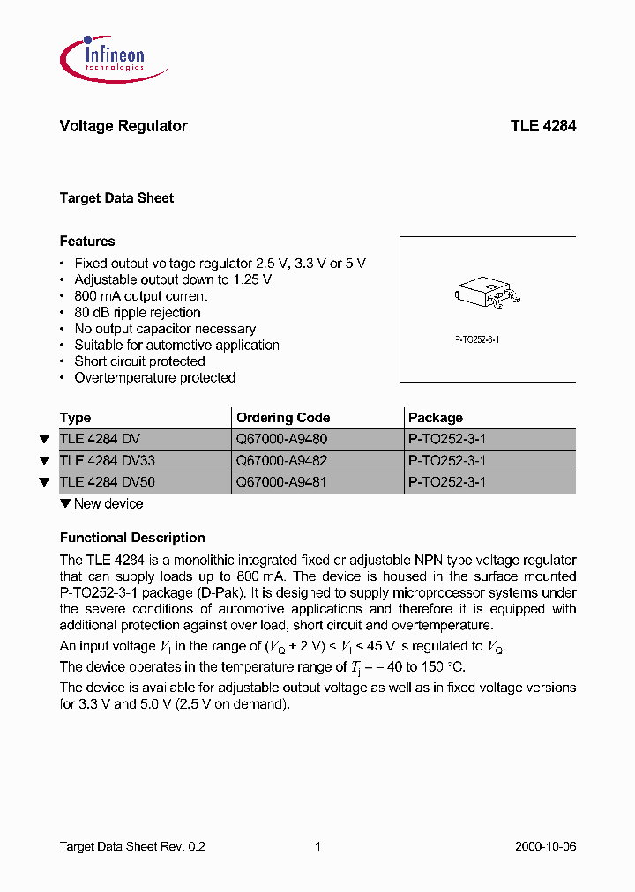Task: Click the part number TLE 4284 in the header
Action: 542,126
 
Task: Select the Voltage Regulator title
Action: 123,126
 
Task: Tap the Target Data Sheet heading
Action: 116,198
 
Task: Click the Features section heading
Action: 87,242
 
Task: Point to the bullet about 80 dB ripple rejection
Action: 138,313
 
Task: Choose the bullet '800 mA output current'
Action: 141,296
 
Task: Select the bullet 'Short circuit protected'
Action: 139,361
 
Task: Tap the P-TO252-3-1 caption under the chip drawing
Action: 477,339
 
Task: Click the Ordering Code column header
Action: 283,418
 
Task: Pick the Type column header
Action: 76,418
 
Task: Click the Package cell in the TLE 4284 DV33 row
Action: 447,461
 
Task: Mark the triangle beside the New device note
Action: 65,504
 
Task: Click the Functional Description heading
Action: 132,538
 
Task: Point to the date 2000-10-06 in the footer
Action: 545,846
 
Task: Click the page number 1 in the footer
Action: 317,846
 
